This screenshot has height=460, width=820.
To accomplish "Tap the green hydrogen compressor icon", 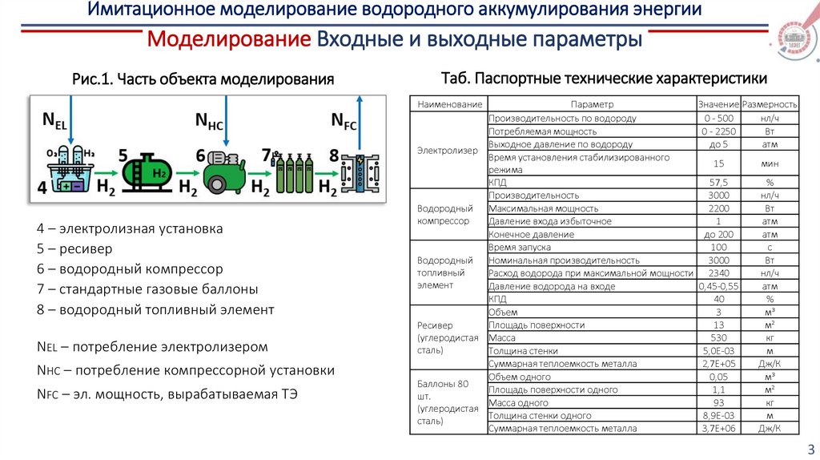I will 223,170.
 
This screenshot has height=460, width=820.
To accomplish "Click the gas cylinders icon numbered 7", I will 293,171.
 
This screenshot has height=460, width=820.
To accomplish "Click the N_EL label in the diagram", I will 54,121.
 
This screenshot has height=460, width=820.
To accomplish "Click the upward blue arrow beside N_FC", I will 360,120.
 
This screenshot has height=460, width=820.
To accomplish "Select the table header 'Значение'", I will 717,105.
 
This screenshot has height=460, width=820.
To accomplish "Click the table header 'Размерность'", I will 770,105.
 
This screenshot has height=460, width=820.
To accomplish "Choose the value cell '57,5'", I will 717,183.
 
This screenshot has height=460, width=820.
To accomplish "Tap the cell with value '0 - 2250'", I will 717,131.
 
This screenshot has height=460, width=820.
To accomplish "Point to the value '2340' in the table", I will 717,273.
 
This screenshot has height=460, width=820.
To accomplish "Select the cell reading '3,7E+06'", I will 717,429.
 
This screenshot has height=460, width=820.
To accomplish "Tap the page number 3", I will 810,449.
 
